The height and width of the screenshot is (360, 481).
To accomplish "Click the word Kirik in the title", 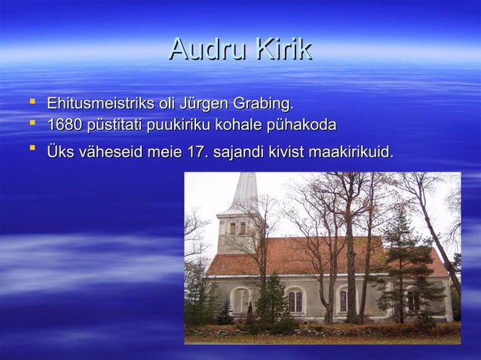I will tap(282, 49).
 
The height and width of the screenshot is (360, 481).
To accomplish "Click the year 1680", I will tap(63, 124).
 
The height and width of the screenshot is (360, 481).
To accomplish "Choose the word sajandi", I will tap(239, 153).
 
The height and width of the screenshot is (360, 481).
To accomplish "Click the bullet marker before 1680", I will tap(31, 122).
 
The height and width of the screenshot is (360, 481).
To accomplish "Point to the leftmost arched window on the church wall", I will tap(241, 299).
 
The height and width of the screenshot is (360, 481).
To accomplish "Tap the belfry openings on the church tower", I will tap(237, 228).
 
